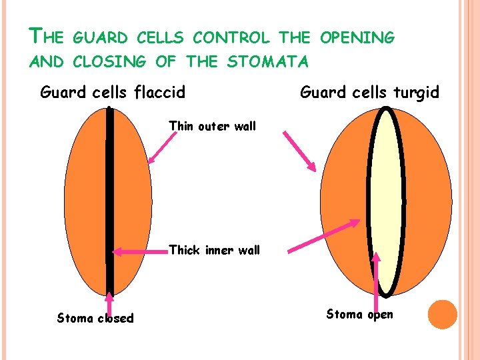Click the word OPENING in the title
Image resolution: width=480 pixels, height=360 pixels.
[358, 38]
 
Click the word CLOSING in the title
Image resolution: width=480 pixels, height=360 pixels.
[108, 62]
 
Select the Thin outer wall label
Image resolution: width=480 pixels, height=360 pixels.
[212, 126]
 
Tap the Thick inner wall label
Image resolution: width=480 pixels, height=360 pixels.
[214, 251]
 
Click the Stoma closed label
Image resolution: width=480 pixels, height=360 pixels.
[95, 318]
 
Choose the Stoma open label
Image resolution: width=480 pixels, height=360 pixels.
[359, 314]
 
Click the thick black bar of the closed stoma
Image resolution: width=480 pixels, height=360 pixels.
[110, 200]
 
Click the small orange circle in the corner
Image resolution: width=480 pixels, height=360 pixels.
[442, 314]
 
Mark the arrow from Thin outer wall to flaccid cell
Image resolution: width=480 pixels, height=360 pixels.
[160, 147]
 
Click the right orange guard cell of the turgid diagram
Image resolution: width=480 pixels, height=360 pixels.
[427, 200]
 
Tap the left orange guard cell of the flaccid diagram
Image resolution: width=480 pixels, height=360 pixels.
[87, 200]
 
